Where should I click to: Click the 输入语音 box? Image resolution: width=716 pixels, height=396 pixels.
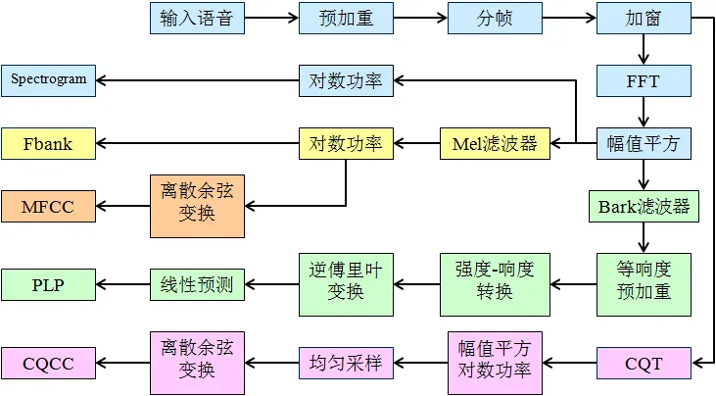[x=197, y=19]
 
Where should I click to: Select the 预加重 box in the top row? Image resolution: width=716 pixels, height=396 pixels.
[x=346, y=19]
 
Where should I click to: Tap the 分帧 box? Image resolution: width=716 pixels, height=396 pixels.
[x=495, y=19]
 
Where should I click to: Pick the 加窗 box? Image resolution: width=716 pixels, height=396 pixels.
[x=644, y=19]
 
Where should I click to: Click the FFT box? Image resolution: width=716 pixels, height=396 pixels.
[x=644, y=80]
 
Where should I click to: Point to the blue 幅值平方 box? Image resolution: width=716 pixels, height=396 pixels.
[x=644, y=143]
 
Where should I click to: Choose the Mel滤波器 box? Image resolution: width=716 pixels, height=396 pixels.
[x=495, y=143]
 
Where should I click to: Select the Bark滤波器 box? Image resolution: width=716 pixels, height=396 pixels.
[x=644, y=207]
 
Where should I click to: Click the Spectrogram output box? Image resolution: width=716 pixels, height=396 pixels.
[x=48, y=80]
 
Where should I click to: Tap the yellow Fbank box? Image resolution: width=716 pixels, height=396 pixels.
[x=48, y=143]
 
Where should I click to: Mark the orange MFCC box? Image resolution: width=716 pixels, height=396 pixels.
[x=48, y=207]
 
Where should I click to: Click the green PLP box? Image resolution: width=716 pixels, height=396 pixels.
[x=48, y=284]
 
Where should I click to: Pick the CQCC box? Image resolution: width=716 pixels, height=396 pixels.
[x=48, y=363]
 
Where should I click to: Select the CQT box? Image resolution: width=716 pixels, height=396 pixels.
[x=644, y=363]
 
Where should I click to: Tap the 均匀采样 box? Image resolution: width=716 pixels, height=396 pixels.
[x=346, y=363]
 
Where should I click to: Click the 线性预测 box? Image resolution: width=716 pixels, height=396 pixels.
[x=197, y=284]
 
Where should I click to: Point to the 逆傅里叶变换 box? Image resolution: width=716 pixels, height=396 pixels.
[x=346, y=284]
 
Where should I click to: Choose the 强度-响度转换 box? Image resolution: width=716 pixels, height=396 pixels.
[x=495, y=284]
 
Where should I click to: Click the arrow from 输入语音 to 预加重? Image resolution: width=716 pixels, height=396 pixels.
[x=271, y=19]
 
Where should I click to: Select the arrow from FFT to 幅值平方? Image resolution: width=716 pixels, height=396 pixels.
[x=644, y=113]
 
